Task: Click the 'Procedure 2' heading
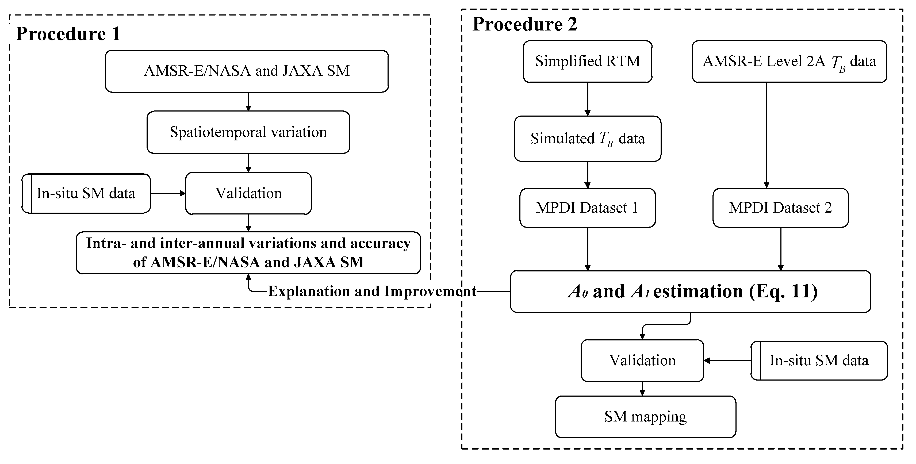(524, 25)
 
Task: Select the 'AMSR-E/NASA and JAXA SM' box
(247, 71)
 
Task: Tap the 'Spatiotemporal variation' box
(248, 132)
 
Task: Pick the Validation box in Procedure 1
(248, 193)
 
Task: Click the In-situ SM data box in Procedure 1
(86, 193)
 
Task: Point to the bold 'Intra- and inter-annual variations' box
(248, 253)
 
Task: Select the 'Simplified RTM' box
(587, 62)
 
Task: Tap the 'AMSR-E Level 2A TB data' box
(789, 62)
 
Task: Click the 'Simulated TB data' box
(587, 139)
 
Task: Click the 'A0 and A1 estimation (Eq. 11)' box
(690, 292)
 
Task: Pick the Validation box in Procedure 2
(642, 361)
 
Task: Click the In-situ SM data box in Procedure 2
(819, 361)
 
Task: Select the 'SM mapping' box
(645, 417)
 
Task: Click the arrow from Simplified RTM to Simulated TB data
(587, 99)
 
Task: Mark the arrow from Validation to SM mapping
(642, 389)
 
